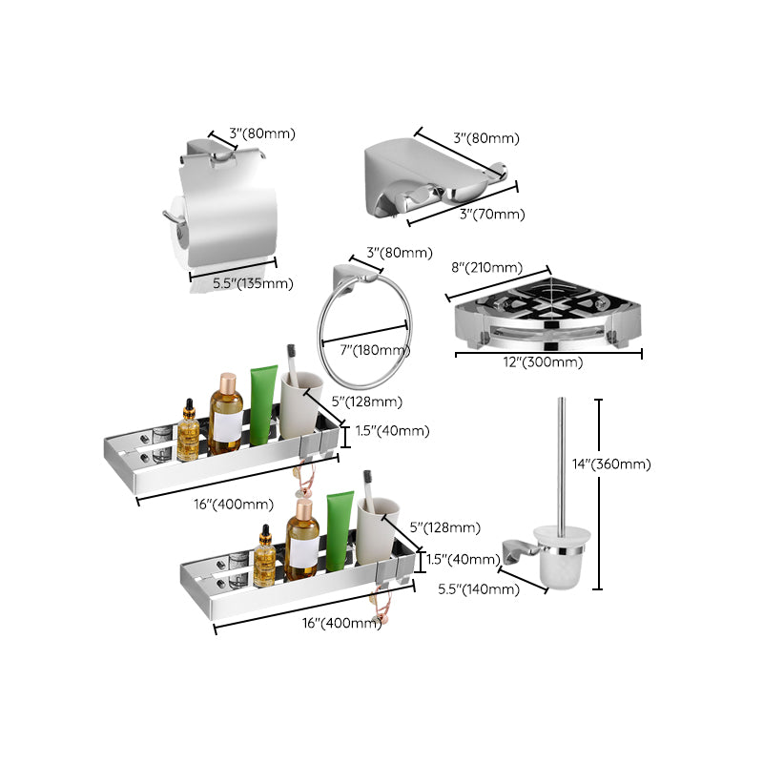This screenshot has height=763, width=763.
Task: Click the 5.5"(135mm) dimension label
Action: (253, 283)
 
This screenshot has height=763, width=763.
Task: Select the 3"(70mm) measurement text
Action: (491, 215)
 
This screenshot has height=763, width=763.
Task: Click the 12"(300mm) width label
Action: (545, 362)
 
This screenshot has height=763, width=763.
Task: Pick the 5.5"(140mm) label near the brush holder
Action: (479, 589)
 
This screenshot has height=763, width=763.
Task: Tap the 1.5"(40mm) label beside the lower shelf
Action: (463, 559)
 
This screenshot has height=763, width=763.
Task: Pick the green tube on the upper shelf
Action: (263, 407)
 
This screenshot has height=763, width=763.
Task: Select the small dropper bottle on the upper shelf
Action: (189, 432)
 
